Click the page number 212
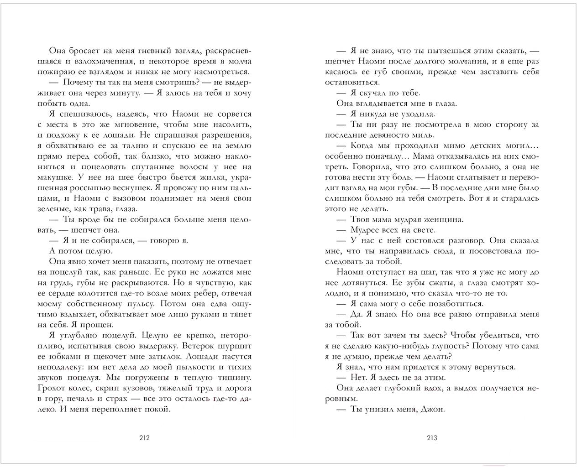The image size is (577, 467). click(144, 438)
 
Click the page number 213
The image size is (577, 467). click(432, 438)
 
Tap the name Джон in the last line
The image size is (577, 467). click(433, 409)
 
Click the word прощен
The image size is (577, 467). click(98, 325)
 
